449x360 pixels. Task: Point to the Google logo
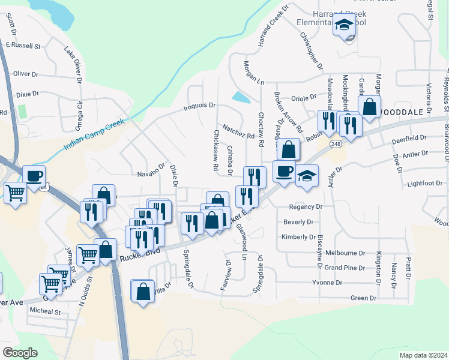coord(20,352)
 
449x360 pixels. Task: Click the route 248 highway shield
coord(334,144)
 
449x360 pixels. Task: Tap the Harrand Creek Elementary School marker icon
coord(344,27)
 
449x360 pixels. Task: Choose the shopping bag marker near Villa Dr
coord(143,292)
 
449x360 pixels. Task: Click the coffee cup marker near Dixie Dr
coord(34,176)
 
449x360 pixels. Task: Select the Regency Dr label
coord(306,206)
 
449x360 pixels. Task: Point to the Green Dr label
coord(363,298)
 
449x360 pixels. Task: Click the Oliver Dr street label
coord(26,74)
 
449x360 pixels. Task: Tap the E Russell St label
coord(22,45)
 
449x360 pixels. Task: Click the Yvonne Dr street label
coord(327,282)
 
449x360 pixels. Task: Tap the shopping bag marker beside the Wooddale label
coord(370,107)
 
